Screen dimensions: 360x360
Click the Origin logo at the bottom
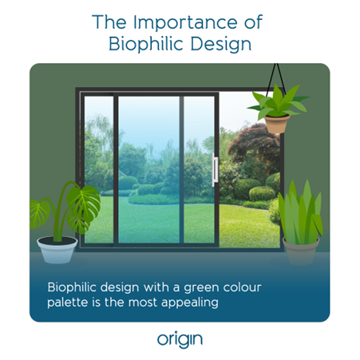coord(180,339)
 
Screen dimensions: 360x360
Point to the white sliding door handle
coord(215,171)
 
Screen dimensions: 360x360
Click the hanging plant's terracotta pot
coord(277,124)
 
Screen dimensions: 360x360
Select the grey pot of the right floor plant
coord(300,250)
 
